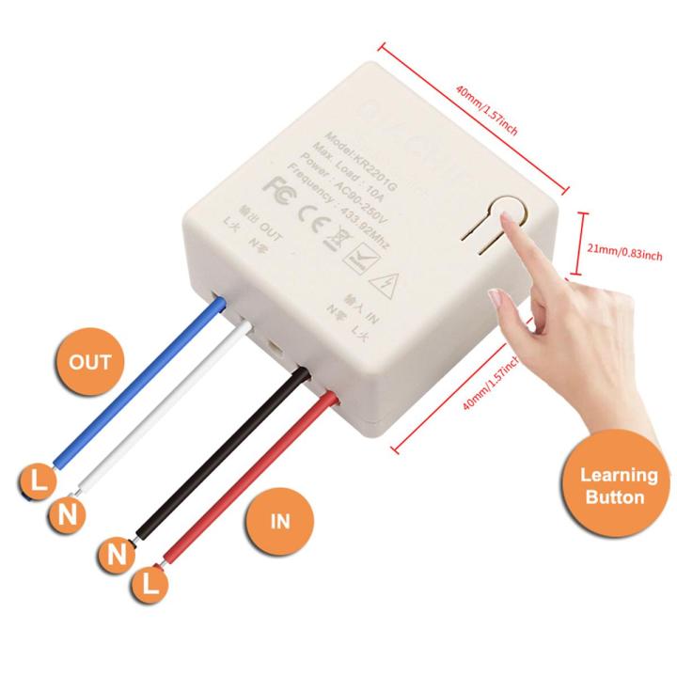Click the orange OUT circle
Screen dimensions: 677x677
(x=90, y=362)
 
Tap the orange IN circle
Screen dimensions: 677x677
(x=280, y=519)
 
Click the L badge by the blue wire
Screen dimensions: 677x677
(x=37, y=481)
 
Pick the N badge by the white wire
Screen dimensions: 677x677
(x=66, y=513)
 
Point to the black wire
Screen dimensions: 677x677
(x=226, y=451)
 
